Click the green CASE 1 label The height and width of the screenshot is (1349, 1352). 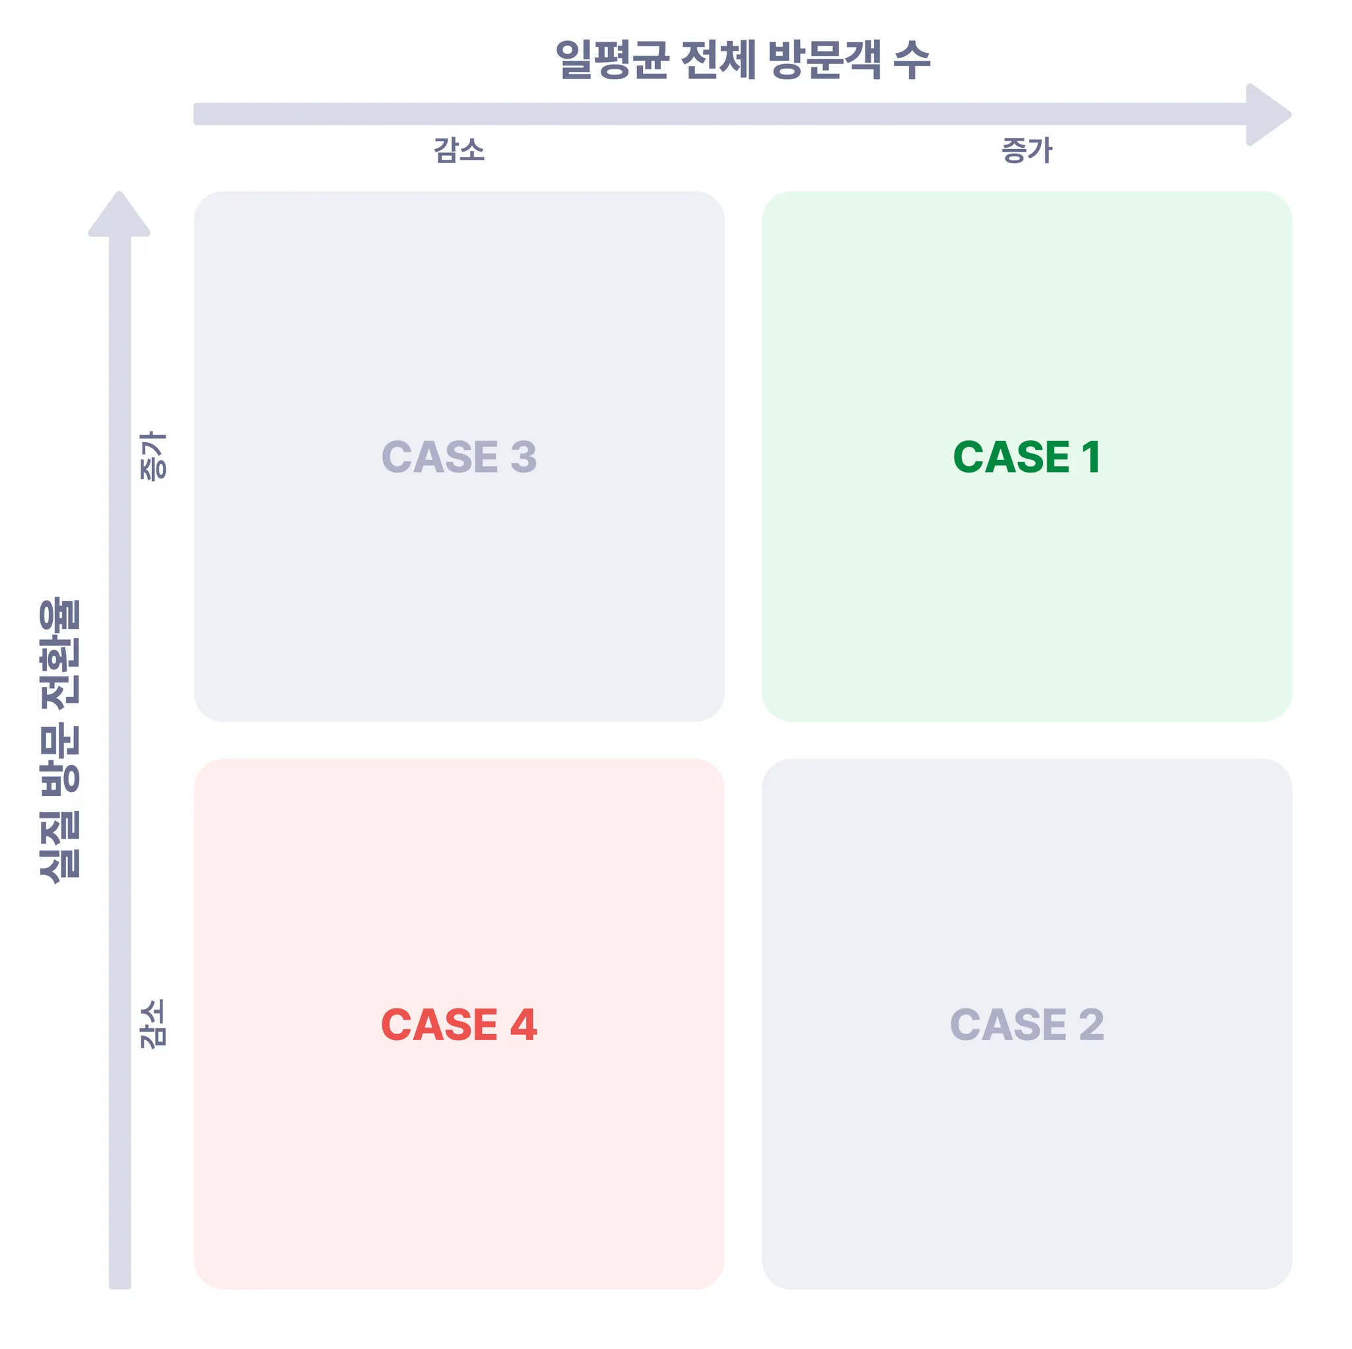pos(1026,457)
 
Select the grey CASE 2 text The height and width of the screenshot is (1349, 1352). pos(1026,1025)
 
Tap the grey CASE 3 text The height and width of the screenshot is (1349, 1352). pos(459,457)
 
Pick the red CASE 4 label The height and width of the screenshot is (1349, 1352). pos(459,1025)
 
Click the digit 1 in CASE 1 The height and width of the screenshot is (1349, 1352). pos(1091,457)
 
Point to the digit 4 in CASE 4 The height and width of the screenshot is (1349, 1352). pos(524,1025)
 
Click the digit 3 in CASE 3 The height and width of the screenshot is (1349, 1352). pos(524,457)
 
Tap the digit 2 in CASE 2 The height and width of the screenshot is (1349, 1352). pos(1091,1025)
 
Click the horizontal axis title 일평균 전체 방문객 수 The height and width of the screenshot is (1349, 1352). pos(743,60)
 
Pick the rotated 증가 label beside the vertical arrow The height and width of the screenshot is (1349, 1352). pos(154,455)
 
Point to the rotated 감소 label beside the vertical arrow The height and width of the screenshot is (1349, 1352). pos(154,1024)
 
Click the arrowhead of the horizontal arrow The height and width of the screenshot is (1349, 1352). pos(1266,115)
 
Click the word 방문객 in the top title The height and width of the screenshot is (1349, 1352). pos(824,60)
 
